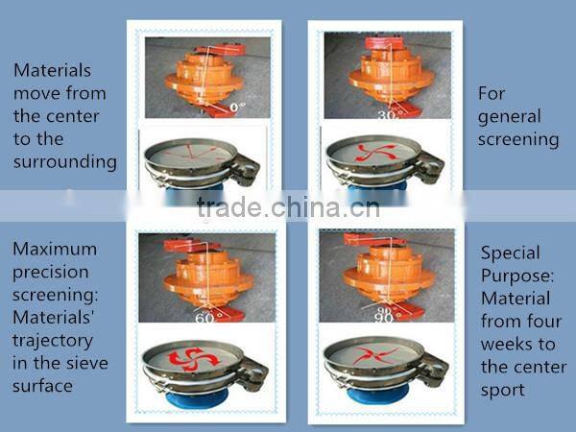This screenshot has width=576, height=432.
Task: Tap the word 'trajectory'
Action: pos(53,340)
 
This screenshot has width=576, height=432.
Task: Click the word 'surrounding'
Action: pos(65,161)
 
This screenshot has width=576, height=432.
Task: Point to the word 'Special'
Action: pos(510,253)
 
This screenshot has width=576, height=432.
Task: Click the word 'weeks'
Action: pos(507,343)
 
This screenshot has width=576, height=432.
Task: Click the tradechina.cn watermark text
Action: pos(289,208)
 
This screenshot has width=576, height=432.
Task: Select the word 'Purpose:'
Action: pos(516,276)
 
